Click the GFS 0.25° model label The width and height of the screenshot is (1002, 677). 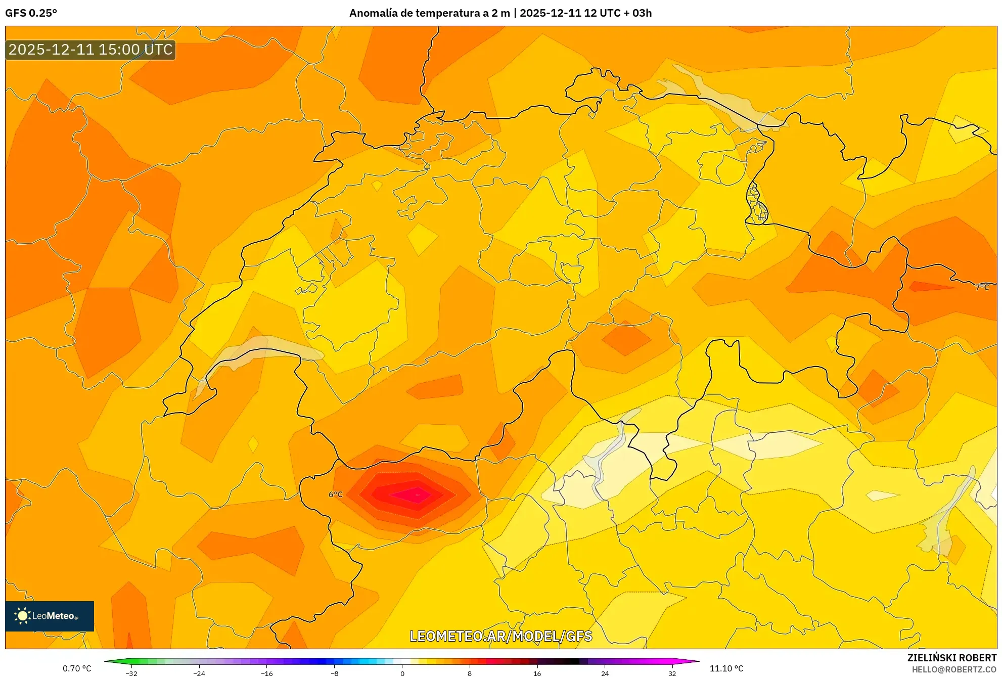[x=31, y=13]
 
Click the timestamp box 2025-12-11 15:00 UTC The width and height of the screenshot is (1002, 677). [x=90, y=50]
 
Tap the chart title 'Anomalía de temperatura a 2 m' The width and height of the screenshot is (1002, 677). [x=429, y=13]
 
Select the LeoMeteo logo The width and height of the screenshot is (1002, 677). [x=50, y=616]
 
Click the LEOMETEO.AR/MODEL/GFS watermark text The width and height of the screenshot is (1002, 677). [x=500, y=636]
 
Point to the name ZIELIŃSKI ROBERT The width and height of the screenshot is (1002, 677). [x=951, y=658]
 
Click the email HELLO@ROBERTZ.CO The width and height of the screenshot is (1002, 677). [x=954, y=669]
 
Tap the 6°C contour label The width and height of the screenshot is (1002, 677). [x=336, y=494]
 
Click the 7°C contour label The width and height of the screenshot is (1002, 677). [x=982, y=287]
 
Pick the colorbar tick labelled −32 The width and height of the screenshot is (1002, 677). [x=131, y=673]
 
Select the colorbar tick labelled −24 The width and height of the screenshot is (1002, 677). [x=199, y=673]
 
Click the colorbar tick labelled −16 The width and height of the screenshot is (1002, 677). [x=267, y=673]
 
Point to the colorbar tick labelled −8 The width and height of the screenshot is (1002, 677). [x=335, y=673]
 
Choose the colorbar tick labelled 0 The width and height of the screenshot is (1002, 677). [x=402, y=673]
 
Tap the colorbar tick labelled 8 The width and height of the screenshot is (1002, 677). [x=470, y=673]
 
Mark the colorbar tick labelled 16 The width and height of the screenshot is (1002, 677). [x=537, y=673]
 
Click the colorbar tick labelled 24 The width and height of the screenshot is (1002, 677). [x=605, y=673]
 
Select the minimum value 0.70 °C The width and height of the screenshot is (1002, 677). [x=77, y=668]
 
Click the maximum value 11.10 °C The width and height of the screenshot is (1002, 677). [x=726, y=668]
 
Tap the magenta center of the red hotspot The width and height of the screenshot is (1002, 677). [x=417, y=494]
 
